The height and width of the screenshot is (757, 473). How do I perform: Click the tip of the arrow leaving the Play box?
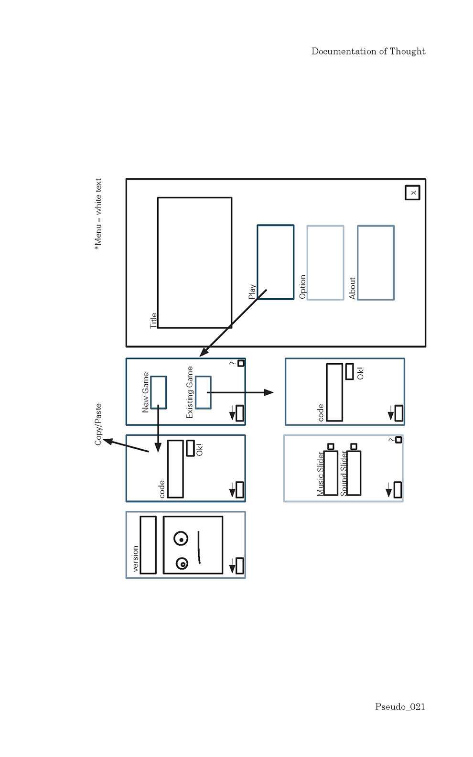pyautogui.click(x=200, y=356)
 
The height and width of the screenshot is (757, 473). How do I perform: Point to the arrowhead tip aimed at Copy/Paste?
pyautogui.click(x=103, y=439)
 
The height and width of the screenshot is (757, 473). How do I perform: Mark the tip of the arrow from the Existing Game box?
pyautogui.click(x=273, y=392)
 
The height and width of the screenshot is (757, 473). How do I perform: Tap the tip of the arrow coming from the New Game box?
pyautogui.click(x=158, y=452)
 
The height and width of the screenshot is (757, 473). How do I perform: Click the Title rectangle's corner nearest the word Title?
pyautogui.click(x=158, y=327)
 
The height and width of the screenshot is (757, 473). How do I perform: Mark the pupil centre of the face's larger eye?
pyautogui.click(x=182, y=540)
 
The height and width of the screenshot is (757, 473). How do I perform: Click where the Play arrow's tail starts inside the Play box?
pyautogui.click(x=267, y=290)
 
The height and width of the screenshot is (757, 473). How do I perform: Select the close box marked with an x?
pyautogui.click(x=412, y=193)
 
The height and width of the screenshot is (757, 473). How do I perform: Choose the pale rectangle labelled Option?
pyautogui.click(x=325, y=262)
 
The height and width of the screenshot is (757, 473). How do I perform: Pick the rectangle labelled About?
pyautogui.click(x=376, y=262)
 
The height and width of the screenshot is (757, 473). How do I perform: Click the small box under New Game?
pyautogui.click(x=159, y=392)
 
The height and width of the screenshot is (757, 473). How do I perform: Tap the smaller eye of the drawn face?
pyautogui.click(x=182, y=564)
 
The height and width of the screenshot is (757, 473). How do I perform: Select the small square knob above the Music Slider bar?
pyautogui.click(x=331, y=447)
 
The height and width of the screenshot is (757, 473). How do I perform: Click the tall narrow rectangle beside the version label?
pyautogui.click(x=148, y=545)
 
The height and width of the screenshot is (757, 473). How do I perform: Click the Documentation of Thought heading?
pyautogui.click(x=368, y=51)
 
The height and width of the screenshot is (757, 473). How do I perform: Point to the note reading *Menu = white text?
pyautogui.click(x=98, y=214)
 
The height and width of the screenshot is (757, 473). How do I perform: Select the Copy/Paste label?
pyautogui.click(x=98, y=424)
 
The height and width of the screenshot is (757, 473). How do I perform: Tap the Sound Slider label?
pyautogui.click(x=344, y=473)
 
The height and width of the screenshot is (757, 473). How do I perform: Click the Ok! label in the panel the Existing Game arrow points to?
pyautogui.click(x=361, y=373)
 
